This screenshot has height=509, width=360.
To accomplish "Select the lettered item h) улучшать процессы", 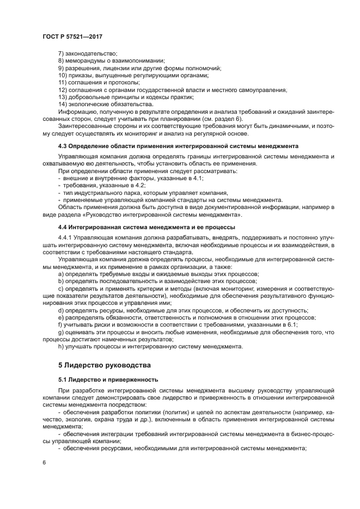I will [x=150, y=346].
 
